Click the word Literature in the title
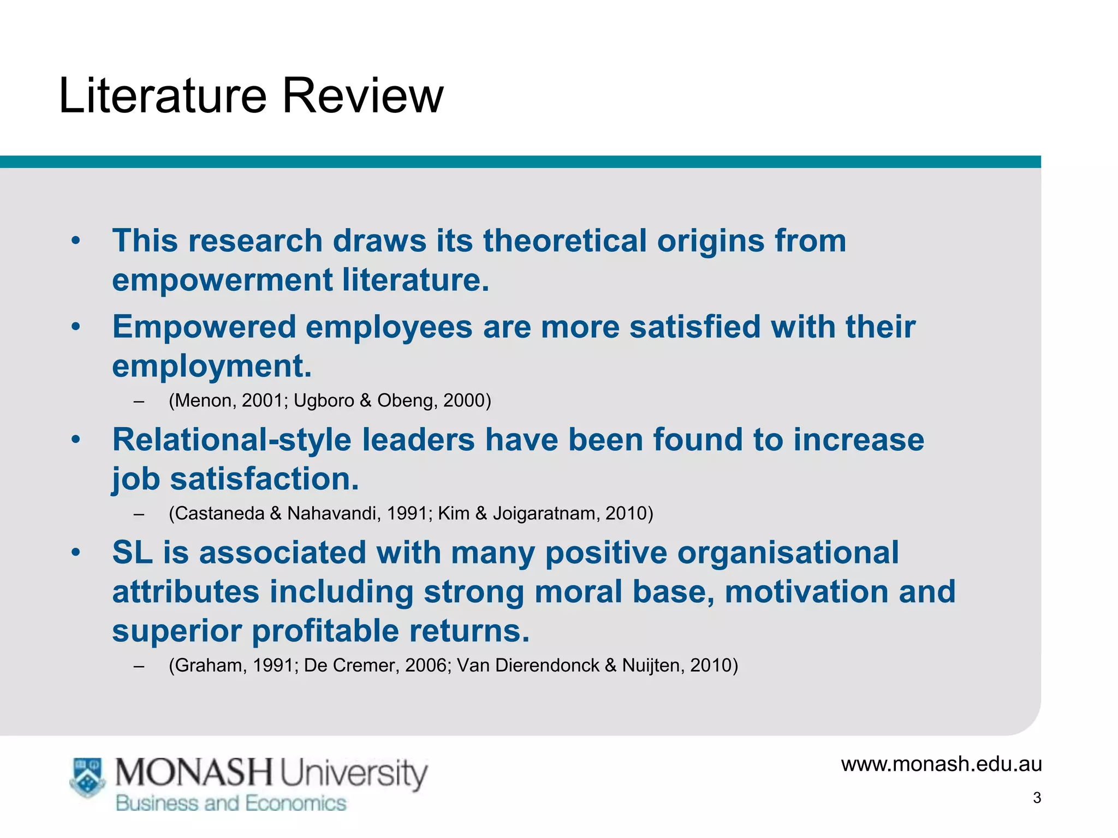[x=163, y=96]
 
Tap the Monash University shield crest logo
[x=87, y=777]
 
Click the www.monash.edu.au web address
[x=941, y=764]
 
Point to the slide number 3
[x=1037, y=798]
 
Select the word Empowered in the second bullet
[x=203, y=327]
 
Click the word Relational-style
[x=231, y=440]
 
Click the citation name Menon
[x=204, y=401]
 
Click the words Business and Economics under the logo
[x=231, y=804]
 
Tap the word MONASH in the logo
[x=193, y=773]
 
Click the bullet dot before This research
[x=76, y=241]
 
